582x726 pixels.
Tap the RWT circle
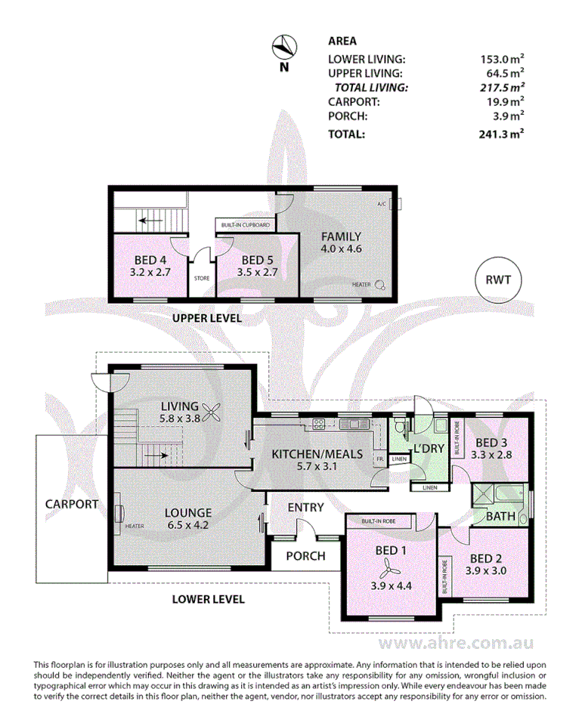coord(498,280)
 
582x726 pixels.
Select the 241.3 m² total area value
coord(502,134)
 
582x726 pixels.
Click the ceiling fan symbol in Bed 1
coord(391,567)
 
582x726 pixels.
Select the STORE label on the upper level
coord(201,278)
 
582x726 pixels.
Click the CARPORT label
coord(72,504)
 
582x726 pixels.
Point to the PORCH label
coord(305,556)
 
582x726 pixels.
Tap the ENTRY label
coord(305,508)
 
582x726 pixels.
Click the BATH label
coord(500,517)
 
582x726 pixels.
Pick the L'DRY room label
coord(427,449)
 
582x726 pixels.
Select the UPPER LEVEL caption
coord(207,319)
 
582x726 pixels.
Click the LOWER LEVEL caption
coord(208,599)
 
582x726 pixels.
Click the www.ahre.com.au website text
coord(457,644)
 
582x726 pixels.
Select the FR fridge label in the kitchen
coord(379,459)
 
